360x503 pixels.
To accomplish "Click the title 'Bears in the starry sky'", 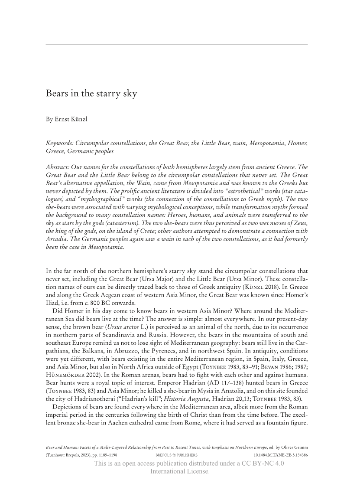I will pyautogui.click(x=91, y=94).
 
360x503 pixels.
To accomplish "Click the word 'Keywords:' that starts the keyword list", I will pyautogui.click(x=60, y=143).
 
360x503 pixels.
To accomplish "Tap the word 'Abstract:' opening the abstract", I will pyautogui.click(x=59, y=167).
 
